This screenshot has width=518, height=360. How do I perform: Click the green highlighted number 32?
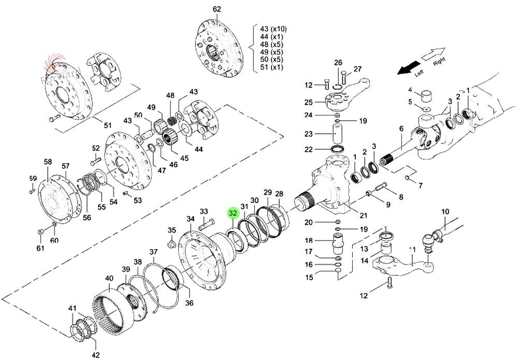click(x=233, y=213)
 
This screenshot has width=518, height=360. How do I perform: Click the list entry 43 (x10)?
click(x=272, y=28)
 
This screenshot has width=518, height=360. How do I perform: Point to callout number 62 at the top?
click(x=217, y=9)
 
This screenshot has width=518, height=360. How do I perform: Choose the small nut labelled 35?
click(x=171, y=242)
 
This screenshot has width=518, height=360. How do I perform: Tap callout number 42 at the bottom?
click(x=95, y=355)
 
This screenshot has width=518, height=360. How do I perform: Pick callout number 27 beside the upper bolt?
click(x=357, y=69)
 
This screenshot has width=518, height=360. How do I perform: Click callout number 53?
click(x=137, y=200)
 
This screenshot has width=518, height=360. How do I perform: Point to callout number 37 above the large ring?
click(x=153, y=252)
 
